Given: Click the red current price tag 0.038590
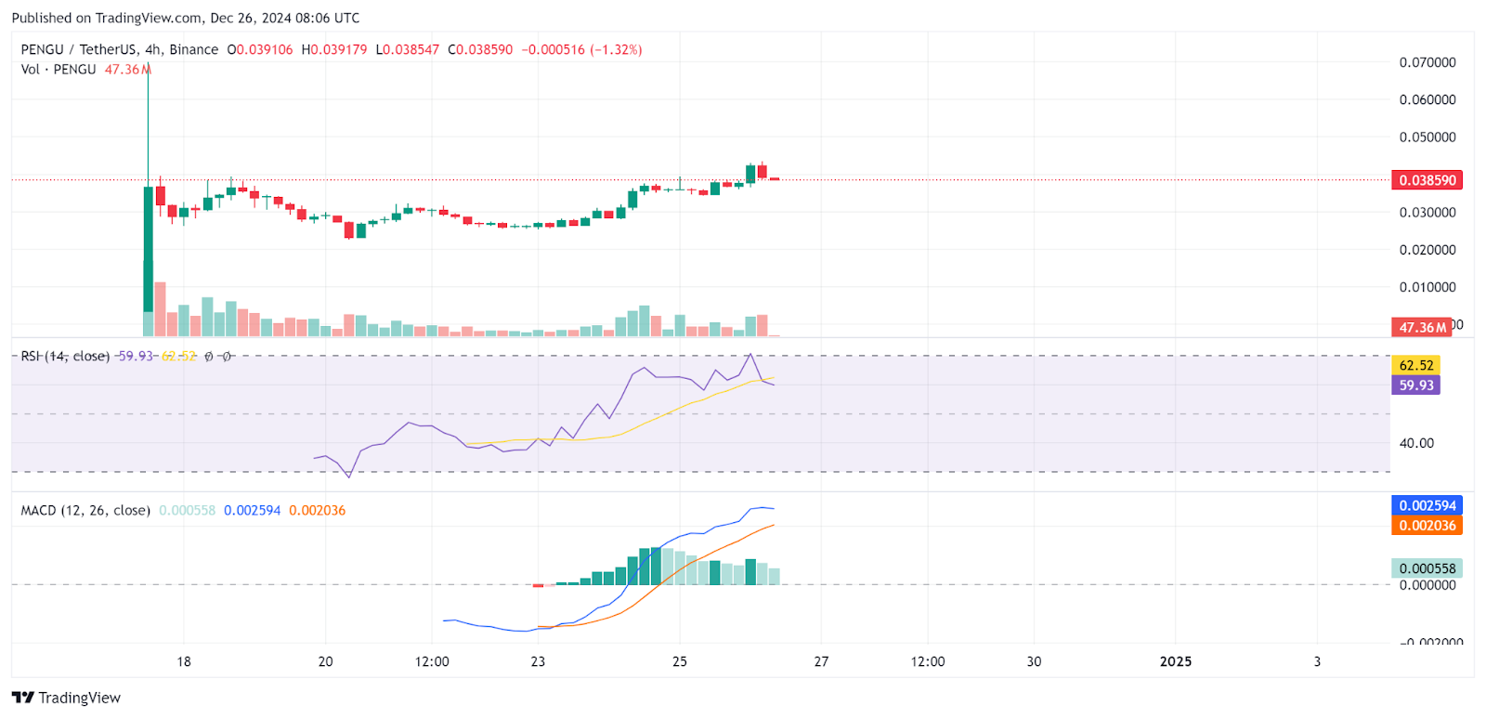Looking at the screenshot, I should [1426, 180].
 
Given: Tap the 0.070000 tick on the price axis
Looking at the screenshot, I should [1427, 62].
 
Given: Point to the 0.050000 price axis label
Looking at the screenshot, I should [1427, 137].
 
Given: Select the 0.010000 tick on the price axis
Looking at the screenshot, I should [1427, 287].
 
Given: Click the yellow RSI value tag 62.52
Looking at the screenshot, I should [1415, 366].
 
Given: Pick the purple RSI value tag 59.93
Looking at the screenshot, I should [1415, 385].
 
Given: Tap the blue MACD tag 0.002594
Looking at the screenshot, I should [1427, 505].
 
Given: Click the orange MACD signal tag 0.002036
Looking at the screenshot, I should [1427, 526].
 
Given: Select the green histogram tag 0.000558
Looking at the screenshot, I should [1427, 568].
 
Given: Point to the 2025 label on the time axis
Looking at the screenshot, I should [1176, 661].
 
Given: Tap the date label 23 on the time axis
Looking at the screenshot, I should [538, 661].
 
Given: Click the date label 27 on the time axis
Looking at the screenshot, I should [821, 661].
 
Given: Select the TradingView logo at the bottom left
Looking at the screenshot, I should [67, 698].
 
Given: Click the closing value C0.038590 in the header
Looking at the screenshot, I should [480, 50].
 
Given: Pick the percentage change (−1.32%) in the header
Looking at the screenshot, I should [616, 50].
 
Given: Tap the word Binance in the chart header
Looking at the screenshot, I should [194, 50].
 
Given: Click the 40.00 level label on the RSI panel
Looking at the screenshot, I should [1416, 443].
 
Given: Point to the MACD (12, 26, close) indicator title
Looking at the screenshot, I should [85, 510].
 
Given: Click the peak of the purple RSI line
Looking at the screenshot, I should [750, 355].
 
